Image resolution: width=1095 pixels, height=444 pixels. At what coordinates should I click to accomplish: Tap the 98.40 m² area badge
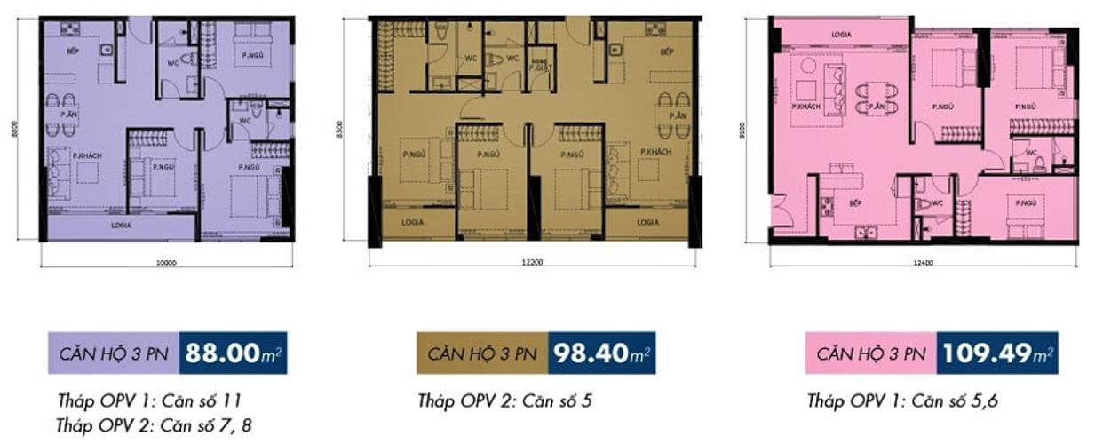point(602,353)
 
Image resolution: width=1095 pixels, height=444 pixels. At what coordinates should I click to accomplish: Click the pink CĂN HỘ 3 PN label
point(869,353)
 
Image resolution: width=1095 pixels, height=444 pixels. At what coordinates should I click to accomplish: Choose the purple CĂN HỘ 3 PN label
point(113,353)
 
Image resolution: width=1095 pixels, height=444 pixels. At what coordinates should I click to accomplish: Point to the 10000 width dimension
point(166,263)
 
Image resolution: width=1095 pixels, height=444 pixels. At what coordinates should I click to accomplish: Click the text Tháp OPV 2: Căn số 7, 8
point(155,424)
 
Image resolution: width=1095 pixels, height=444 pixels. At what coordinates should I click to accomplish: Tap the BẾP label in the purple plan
point(73,52)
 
